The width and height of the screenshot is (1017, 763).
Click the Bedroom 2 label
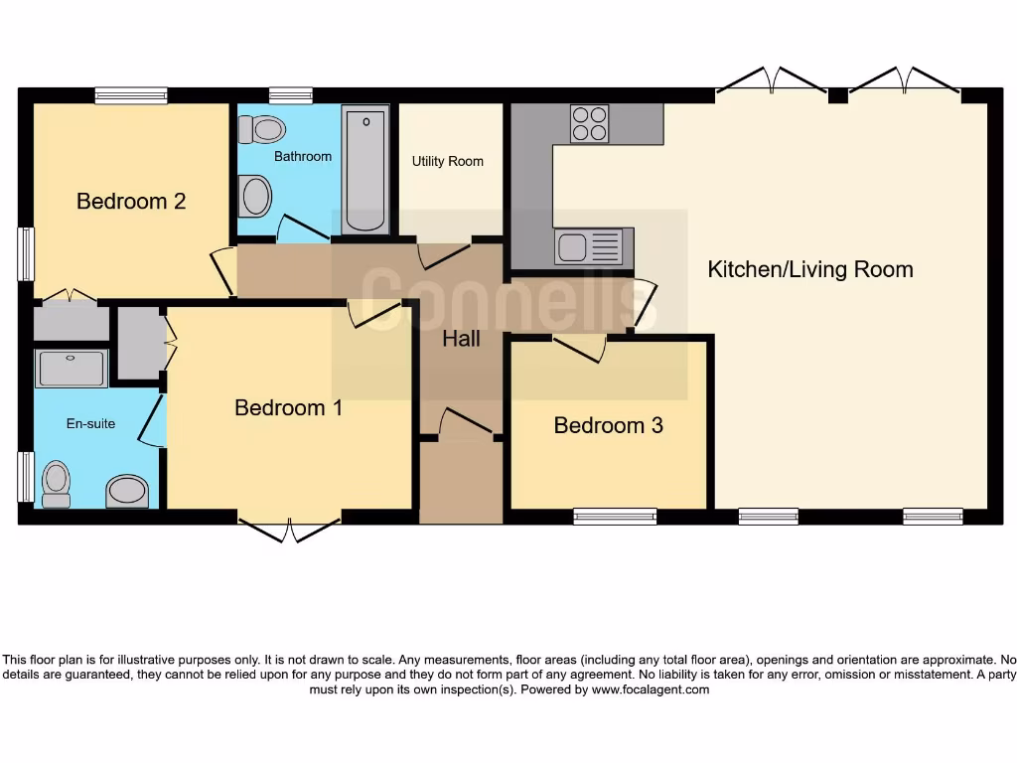(x=131, y=202)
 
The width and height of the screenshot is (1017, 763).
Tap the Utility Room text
(x=448, y=161)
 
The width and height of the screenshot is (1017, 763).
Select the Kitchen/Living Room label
(x=809, y=269)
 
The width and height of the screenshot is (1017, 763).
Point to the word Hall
(x=461, y=339)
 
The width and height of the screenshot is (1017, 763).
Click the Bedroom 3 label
(x=608, y=425)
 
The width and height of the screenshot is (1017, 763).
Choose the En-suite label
(x=90, y=423)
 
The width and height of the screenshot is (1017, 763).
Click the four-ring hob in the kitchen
(x=589, y=124)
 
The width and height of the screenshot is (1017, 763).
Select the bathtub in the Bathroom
(x=365, y=170)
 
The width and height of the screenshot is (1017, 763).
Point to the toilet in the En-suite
(x=57, y=484)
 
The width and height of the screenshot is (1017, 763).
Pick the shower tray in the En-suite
(x=70, y=369)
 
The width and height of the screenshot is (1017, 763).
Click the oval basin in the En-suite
(x=127, y=490)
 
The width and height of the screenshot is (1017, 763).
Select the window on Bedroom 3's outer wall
(x=615, y=516)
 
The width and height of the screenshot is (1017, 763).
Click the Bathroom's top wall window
(x=290, y=95)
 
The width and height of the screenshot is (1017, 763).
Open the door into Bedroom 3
(x=580, y=348)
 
